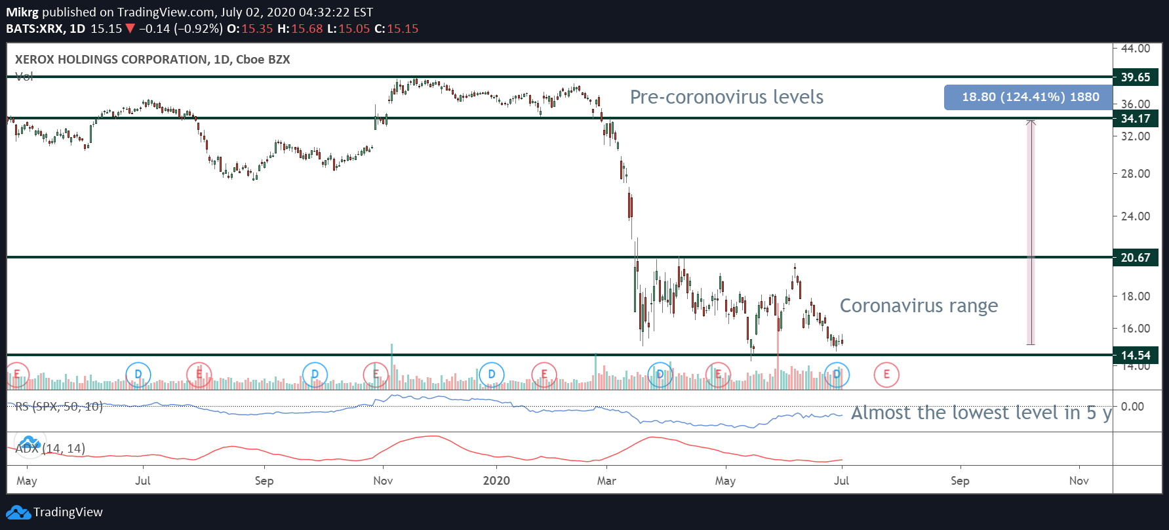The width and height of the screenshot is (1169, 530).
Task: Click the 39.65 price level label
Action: coord(1136,77)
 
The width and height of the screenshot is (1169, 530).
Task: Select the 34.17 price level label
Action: coord(1136,119)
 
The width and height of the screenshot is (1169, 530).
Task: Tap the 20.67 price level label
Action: coord(1136,258)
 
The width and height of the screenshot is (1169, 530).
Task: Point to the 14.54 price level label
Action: coord(1136,356)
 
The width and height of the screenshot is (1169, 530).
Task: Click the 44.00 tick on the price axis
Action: coord(1136,49)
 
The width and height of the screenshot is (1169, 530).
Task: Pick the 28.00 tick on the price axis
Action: coord(1136,174)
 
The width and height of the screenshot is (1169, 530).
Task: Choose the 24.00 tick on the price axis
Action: coord(1136,216)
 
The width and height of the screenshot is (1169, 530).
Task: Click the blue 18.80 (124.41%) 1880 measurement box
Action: coord(1029,97)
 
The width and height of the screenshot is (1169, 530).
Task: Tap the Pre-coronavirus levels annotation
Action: coord(726,97)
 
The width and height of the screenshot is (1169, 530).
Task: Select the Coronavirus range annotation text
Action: coord(919,306)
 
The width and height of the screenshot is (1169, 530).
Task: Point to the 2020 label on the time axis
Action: coord(496,481)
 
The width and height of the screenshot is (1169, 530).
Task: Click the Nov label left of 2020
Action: coord(383,481)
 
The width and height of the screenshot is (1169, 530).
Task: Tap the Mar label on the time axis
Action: coord(606,481)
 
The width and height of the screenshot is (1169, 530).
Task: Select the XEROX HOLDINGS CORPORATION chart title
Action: coord(152,60)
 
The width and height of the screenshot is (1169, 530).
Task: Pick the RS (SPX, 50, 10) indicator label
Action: coord(59,407)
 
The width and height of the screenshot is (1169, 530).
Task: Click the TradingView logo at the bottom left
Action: coord(55,512)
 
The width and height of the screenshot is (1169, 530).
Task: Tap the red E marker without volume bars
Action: coord(886,375)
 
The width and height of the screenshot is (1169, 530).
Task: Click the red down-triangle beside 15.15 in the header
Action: coord(130,29)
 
